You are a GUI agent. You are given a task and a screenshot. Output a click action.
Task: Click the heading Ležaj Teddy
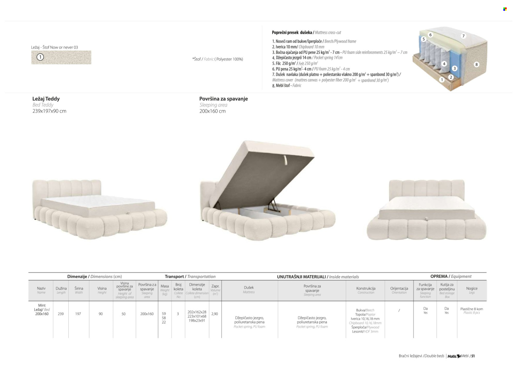46,99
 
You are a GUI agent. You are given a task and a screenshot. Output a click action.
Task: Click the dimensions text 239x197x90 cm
49,111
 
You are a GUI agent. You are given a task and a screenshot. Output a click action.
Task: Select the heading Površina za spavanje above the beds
223,99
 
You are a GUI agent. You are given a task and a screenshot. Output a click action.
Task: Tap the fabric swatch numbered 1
61,58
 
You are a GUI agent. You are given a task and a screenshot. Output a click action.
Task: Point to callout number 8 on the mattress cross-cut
476,64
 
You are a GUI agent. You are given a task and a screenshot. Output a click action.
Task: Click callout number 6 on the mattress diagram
430,35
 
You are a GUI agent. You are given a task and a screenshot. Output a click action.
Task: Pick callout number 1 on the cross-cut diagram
442,80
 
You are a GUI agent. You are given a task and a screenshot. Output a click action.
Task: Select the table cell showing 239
61,314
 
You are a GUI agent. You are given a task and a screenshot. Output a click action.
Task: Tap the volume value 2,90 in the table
215,314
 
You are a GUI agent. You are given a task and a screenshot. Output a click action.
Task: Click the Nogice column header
472,289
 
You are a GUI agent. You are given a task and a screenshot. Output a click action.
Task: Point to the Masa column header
165,289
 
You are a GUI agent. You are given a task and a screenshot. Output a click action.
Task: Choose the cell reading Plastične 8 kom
472,309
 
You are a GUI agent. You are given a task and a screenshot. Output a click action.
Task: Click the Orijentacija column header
399,289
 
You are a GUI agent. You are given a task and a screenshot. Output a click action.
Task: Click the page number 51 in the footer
473,356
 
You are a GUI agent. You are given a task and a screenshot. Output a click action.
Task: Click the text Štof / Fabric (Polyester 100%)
218,59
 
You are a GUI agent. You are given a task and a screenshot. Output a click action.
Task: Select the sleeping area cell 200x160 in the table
147,314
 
